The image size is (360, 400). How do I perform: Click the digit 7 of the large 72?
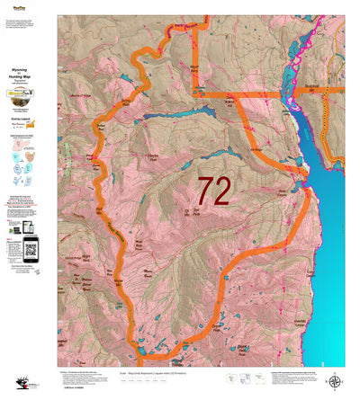point(205,191)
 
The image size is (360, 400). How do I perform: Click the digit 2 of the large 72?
point(222,191)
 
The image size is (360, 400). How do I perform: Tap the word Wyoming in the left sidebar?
point(28,68)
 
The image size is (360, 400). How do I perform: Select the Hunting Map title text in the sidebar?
point(28,78)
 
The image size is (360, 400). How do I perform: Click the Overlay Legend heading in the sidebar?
point(28,116)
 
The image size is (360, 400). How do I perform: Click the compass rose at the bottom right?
point(336,383)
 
